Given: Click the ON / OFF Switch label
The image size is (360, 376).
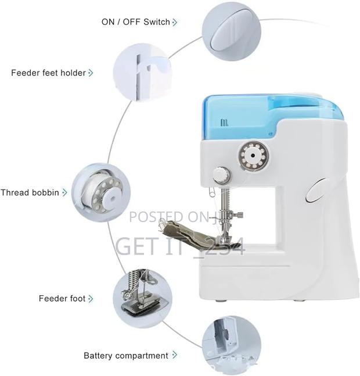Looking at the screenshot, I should [x=135, y=22].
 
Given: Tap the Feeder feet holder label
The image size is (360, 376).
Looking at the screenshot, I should [x=48, y=73].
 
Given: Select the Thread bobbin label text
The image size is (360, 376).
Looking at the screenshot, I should [x=30, y=192].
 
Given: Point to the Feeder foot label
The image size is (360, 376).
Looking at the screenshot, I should [x=62, y=299].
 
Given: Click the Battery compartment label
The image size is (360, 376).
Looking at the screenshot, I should [x=126, y=355].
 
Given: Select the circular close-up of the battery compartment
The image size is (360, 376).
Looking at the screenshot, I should [x=228, y=343].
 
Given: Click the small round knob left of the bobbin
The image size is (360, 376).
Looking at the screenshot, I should [x=220, y=174].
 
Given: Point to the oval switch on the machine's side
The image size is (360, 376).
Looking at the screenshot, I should [x=317, y=190].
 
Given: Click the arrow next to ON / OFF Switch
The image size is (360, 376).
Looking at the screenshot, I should [x=175, y=22].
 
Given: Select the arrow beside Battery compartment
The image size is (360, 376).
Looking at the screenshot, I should [x=175, y=355].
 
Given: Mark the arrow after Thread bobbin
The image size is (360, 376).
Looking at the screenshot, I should [x=64, y=192].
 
